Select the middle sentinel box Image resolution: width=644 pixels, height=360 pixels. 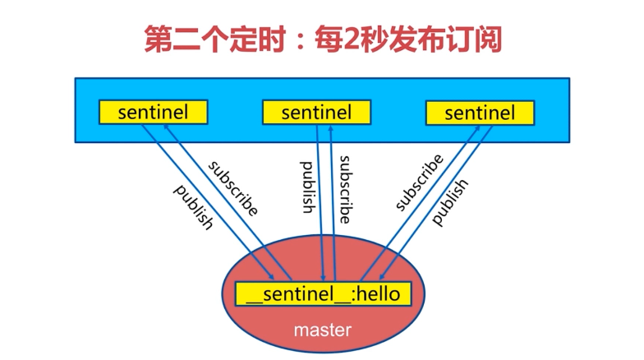(316, 112)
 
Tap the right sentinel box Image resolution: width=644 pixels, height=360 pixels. (480, 113)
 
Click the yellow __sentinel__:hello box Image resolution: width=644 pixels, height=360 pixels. (322, 294)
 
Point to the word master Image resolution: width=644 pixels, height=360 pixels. (322, 330)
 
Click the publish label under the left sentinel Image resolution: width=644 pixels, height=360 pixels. (194, 206)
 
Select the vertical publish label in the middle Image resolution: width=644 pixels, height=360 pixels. (306, 187)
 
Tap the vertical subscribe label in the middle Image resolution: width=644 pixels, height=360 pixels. (345, 189)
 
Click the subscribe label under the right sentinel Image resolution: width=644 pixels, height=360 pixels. (419, 182)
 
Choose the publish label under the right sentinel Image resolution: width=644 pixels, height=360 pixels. (449, 201)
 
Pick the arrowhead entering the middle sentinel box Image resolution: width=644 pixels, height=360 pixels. (329, 128)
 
